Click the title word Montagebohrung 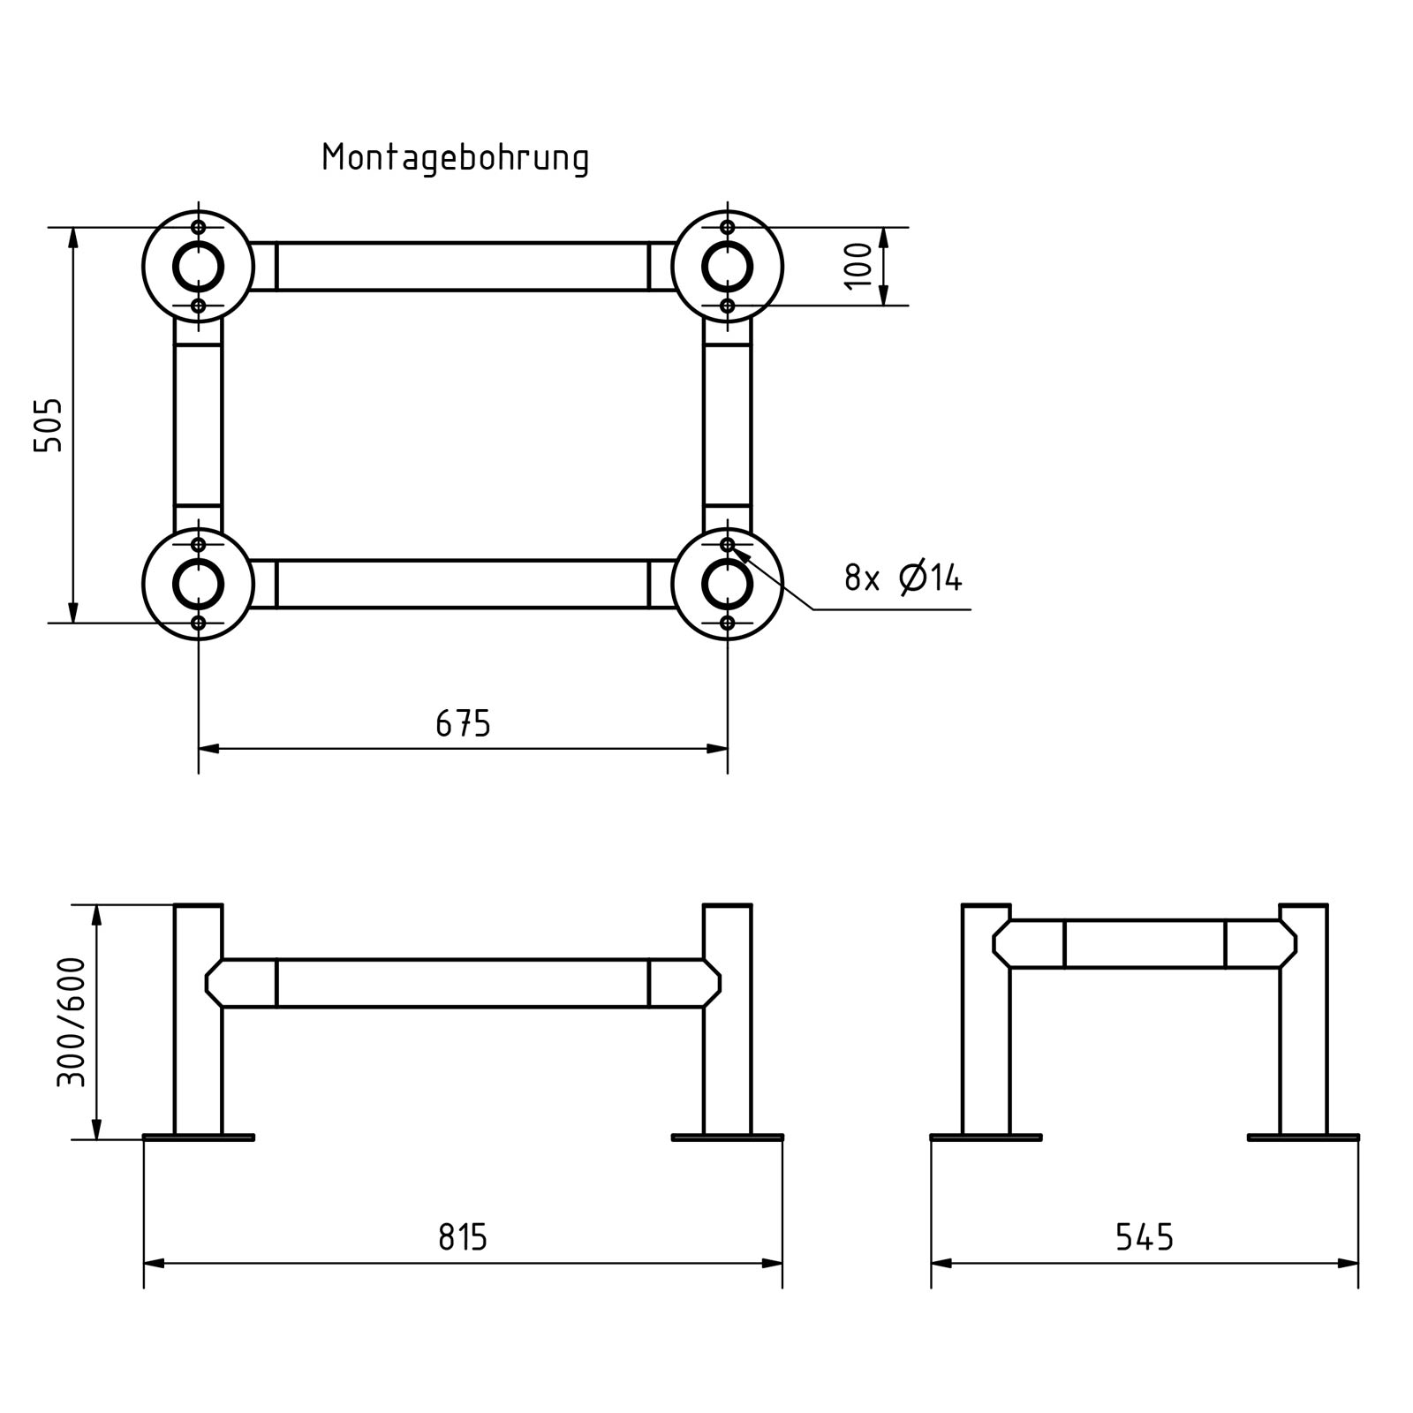(455, 158)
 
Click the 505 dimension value (49, 425)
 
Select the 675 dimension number (463, 724)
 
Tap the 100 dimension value (858, 266)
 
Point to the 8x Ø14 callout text (903, 578)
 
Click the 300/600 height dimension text (72, 1022)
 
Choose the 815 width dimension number (463, 1237)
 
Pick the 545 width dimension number (1145, 1237)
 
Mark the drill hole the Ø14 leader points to (727, 545)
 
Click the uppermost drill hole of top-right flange (727, 227)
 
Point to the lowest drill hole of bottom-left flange (198, 623)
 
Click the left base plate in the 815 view (199, 1137)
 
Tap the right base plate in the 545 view (1303, 1137)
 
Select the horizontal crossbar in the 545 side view (1145, 944)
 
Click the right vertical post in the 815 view (728, 1060)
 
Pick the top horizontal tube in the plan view (463, 267)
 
